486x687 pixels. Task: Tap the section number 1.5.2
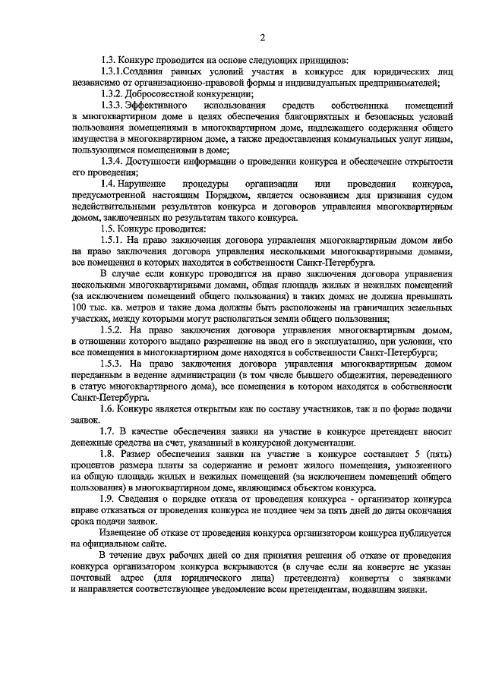click(x=115, y=329)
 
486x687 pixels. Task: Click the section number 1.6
click(x=110, y=408)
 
